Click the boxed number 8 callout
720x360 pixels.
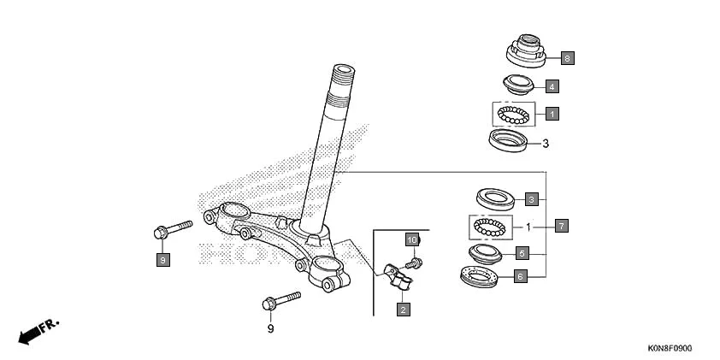(x=567, y=59)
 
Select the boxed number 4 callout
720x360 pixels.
(x=552, y=86)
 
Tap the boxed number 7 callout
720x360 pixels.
(x=561, y=227)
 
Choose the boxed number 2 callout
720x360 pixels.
(x=402, y=309)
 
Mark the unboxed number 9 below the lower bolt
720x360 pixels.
(x=270, y=328)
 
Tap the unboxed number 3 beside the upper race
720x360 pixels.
(x=545, y=143)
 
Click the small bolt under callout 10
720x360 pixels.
(x=416, y=261)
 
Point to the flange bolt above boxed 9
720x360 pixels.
(x=171, y=229)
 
